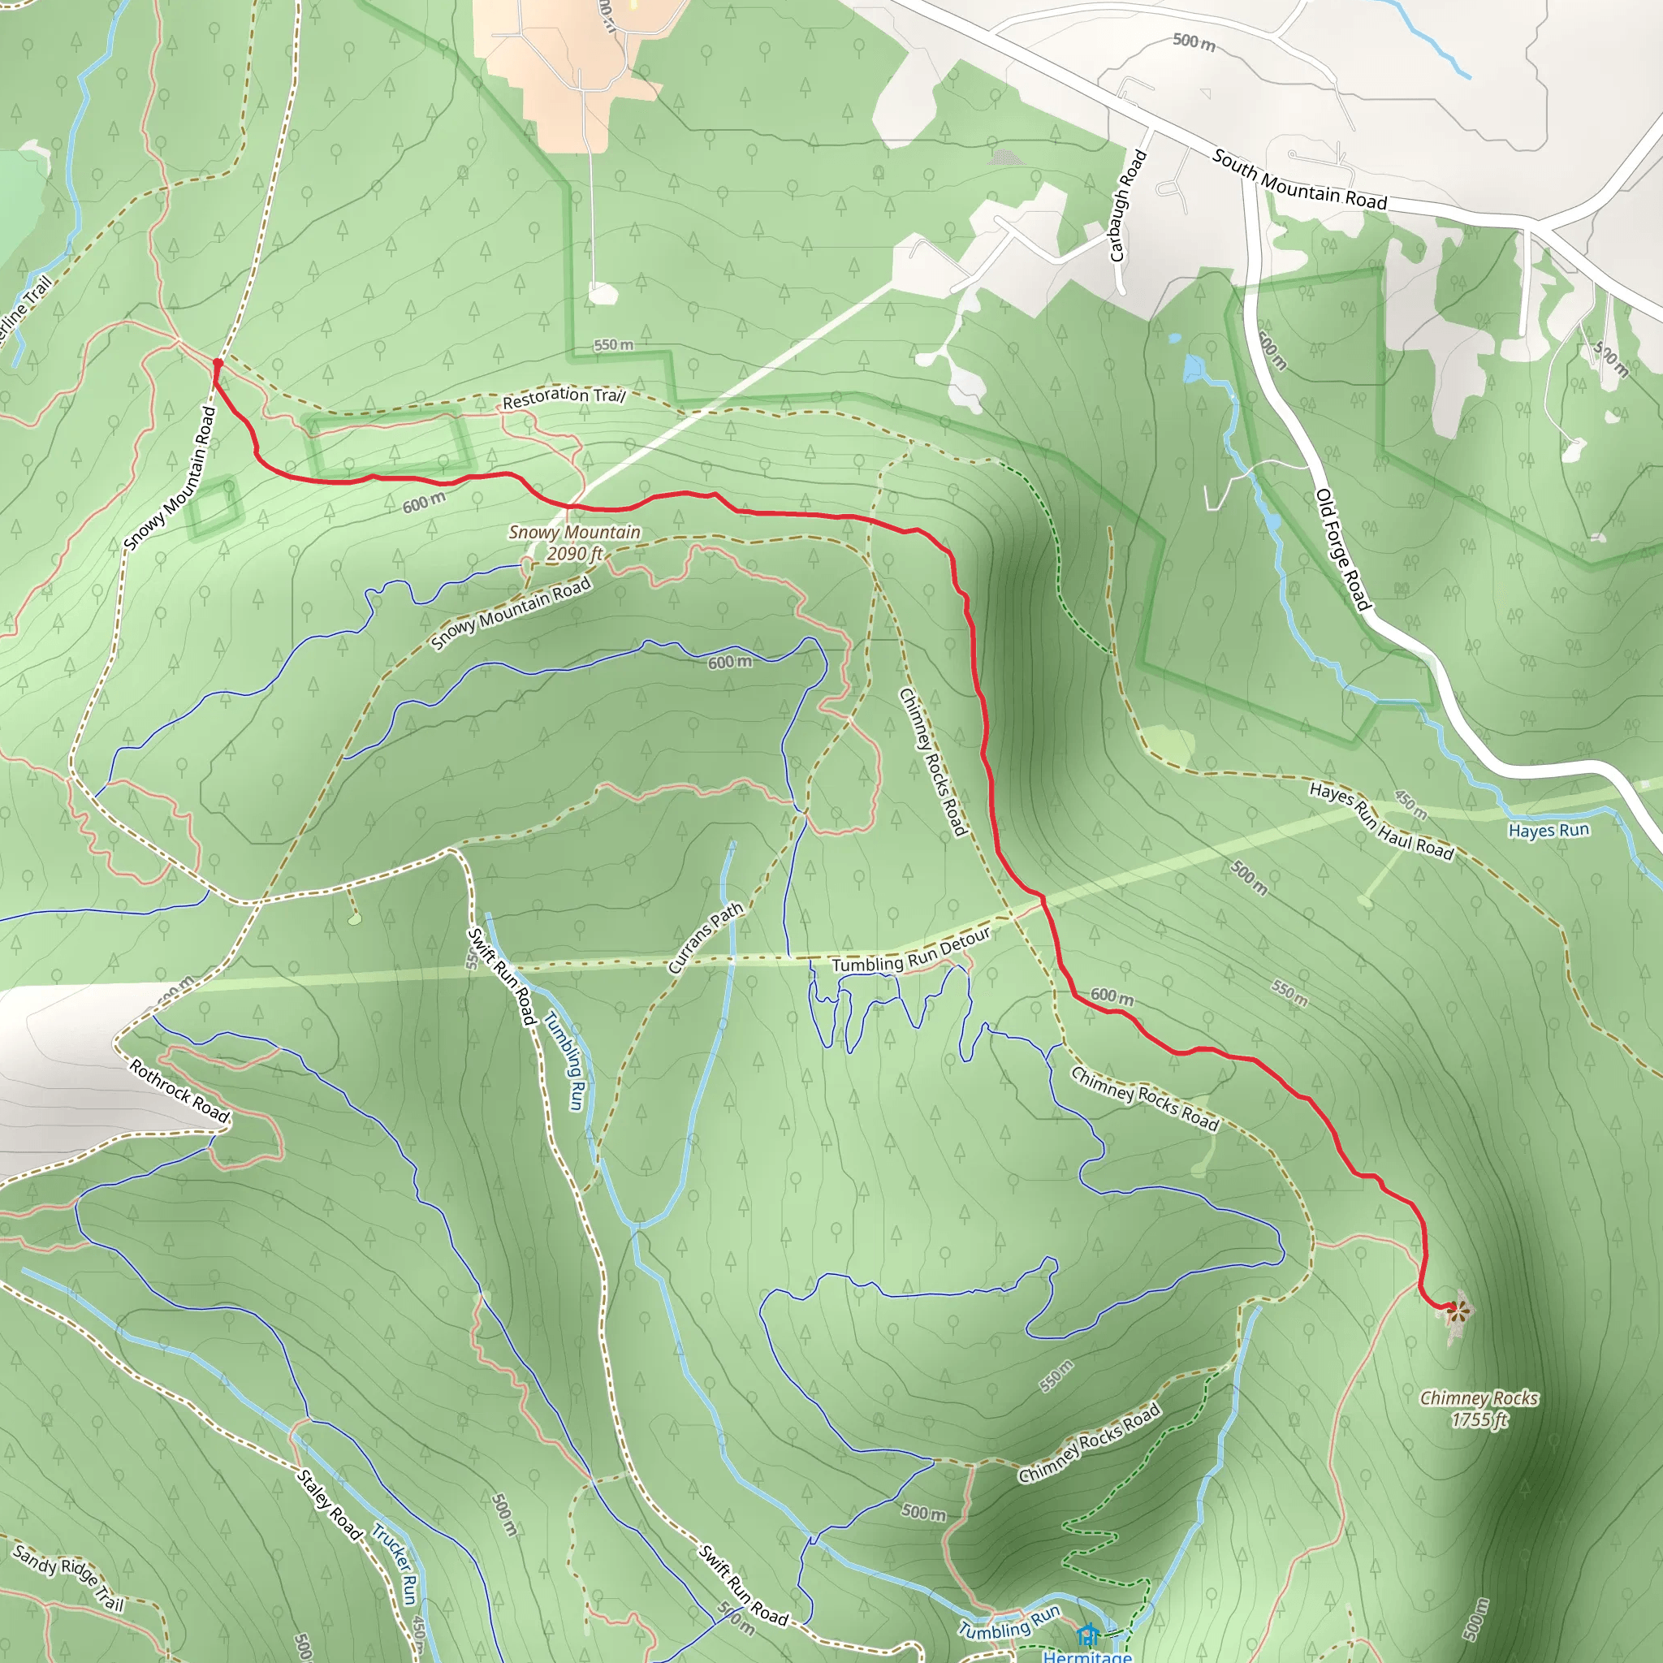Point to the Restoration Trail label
[564, 397]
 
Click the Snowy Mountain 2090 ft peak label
[575, 543]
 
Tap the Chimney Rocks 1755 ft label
[1479, 1409]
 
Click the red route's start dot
[218, 364]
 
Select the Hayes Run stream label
[1549, 831]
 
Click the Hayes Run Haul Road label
[1381, 820]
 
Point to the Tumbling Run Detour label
[911, 952]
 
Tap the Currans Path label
[705, 938]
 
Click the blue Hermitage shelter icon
[1088, 1634]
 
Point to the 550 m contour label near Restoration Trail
[613, 345]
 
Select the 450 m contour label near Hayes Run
[1410, 806]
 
